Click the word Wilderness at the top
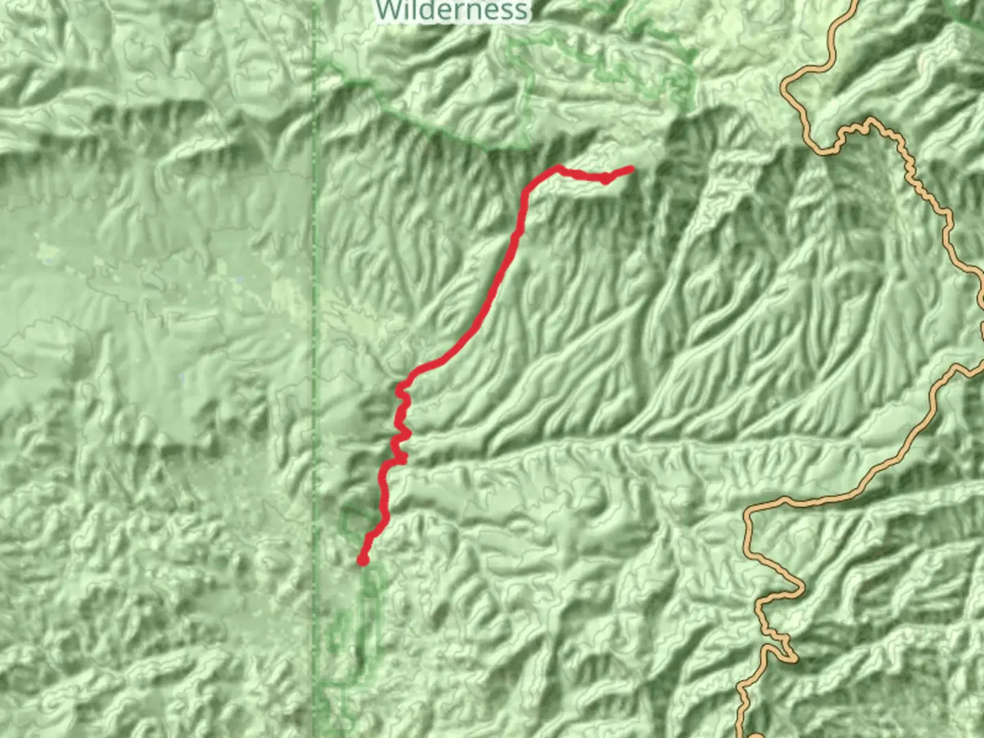coord(452,10)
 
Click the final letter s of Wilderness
coord(521,11)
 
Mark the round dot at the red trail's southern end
coord(363,560)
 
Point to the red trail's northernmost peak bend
coord(558,168)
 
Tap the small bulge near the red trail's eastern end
coord(605,179)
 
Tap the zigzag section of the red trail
coord(401,427)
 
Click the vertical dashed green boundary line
coord(315,273)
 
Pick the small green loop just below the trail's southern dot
coord(370,588)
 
